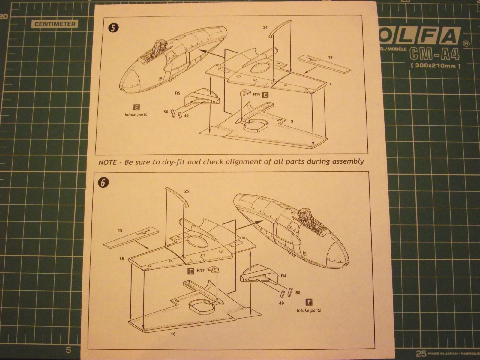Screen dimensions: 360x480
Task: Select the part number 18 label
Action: pyautogui.click(x=330, y=57)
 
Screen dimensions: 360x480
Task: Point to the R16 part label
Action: pyautogui.click(x=256, y=94)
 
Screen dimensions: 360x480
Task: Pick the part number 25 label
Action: pyautogui.click(x=187, y=191)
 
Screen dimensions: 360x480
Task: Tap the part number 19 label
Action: pyautogui.click(x=120, y=231)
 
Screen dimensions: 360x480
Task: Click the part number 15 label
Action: pyautogui.click(x=121, y=258)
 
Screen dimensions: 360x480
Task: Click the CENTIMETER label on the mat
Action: pyautogui.click(x=55, y=24)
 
